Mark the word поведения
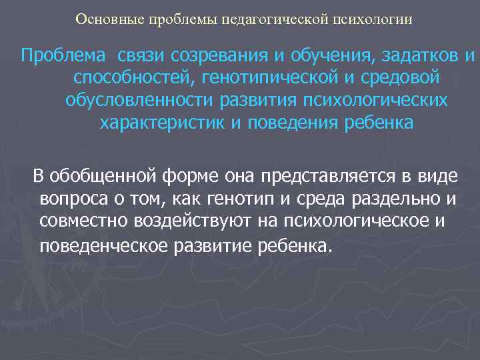pyautogui.click(x=311, y=123)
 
